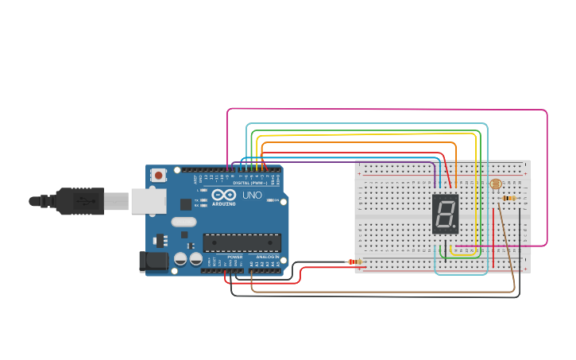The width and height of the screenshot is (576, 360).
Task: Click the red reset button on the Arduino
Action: coord(159,175)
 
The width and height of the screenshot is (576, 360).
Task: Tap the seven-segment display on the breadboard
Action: coord(445,214)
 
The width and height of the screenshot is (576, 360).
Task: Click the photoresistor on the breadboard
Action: coord(496,184)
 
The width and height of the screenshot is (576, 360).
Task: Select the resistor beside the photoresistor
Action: coord(509,198)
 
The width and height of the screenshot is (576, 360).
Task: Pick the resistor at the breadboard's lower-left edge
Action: coord(355,261)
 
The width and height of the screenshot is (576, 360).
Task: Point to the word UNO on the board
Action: coord(252,195)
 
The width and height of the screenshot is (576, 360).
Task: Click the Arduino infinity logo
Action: coord(223,195)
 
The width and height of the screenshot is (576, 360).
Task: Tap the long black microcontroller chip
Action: coord(242,242)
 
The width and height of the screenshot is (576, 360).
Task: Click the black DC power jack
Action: coord(155,261)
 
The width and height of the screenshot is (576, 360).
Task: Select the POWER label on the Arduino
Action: coord(235,257)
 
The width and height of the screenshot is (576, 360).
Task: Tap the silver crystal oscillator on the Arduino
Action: coord(183,223)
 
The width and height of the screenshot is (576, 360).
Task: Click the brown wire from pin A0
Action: coord(381,292)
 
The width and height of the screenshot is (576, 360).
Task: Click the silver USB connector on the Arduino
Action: coord(148,201)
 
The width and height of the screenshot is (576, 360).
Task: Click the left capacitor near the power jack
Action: coord(181,258)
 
